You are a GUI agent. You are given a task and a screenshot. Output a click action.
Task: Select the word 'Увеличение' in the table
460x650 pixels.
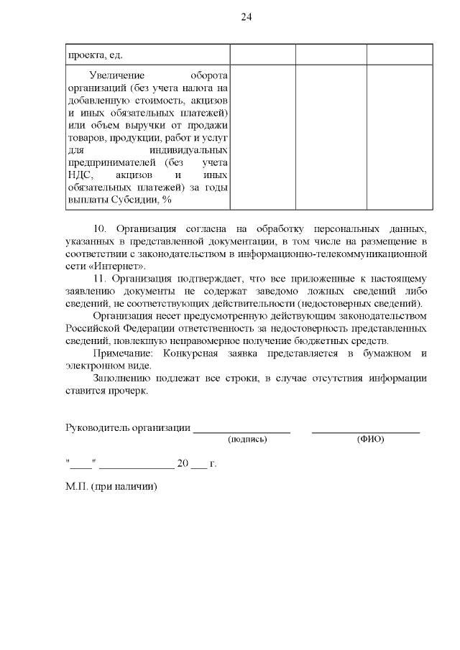pos(117,76)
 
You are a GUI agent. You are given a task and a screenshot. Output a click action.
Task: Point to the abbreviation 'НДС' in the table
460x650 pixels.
pos(80,175)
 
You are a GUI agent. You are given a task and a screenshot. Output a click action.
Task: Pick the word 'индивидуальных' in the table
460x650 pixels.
pos(189,150)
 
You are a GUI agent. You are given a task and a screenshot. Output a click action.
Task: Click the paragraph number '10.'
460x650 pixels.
pos(101,228)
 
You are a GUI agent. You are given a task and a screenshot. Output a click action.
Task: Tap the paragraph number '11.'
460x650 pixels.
pos(101,279)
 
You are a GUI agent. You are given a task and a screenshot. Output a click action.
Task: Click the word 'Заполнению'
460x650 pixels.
pos(122,379)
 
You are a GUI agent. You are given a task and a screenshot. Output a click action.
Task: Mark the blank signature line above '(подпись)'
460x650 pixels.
pos(241,432)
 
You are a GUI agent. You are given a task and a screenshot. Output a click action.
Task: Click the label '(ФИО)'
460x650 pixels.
pos(370,440)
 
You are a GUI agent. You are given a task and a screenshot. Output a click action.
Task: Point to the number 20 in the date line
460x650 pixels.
pos(183,464)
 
